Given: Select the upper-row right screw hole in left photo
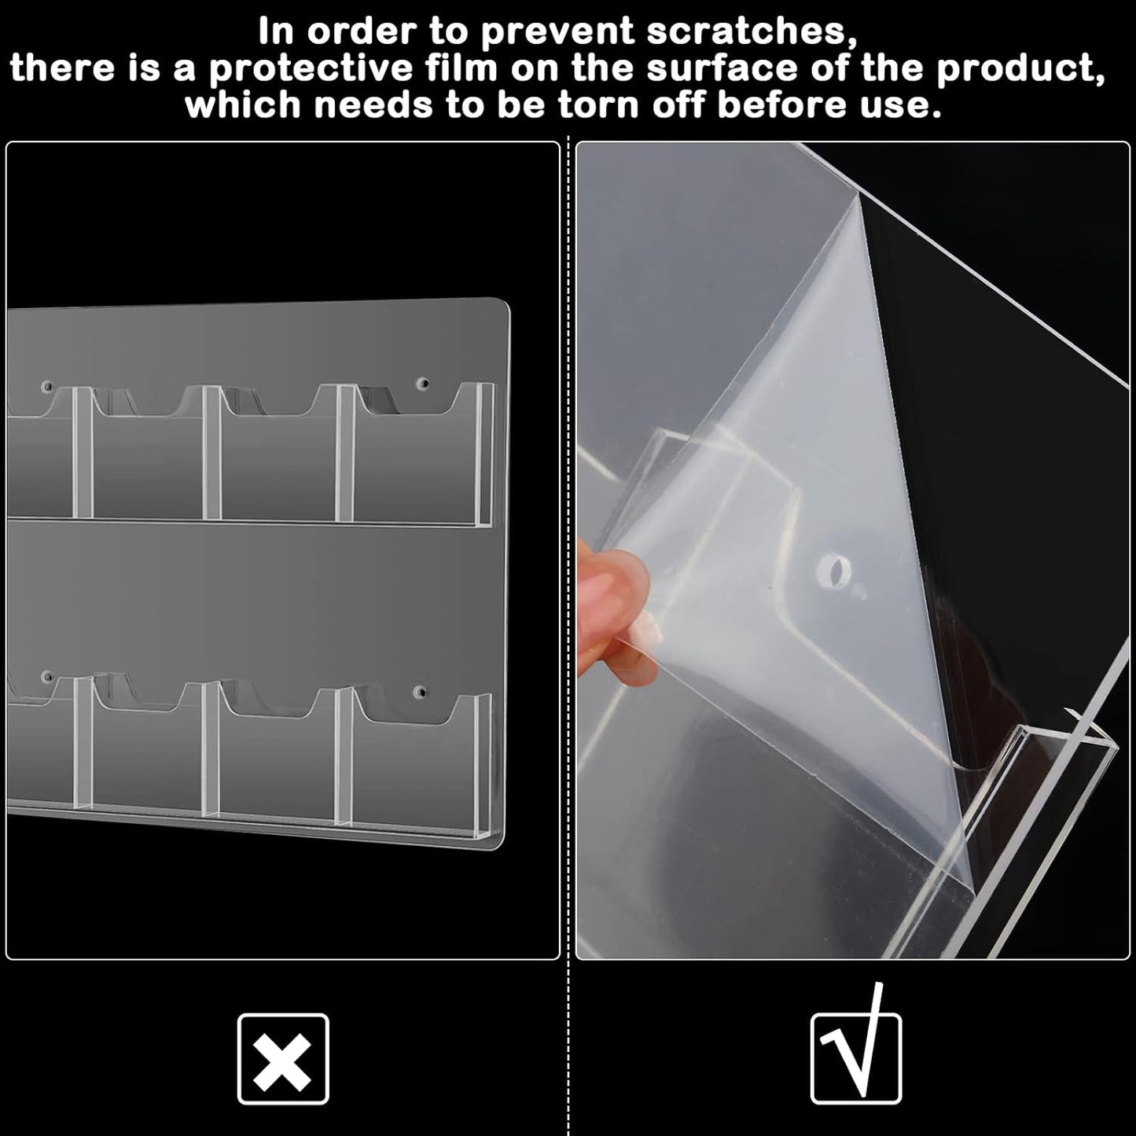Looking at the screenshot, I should pyautogui.click(x=422, y=385).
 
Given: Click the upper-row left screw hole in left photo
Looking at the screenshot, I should pyautogui.click(x=48, y=386).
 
